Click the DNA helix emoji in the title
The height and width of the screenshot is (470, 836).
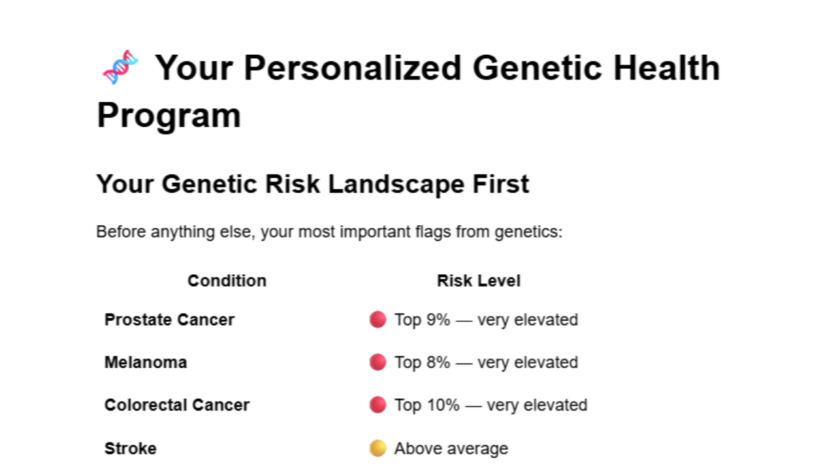[x=121, y=67]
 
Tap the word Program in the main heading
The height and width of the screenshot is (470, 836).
[x=169, y=116]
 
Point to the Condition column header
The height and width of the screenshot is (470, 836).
[x=227, y=281]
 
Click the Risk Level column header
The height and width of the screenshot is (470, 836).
[x=479, y=281]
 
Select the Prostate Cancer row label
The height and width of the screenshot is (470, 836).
[x=169, y=320]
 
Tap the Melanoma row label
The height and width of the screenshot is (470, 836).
[x=146, y=362]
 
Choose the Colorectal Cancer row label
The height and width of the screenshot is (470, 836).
[x=177, y=405]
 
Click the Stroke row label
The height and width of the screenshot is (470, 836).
[x=131, y=448]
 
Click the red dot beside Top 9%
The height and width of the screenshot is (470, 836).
[x=378, y=319]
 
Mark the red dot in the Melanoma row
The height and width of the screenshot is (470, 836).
[x=378, y=362]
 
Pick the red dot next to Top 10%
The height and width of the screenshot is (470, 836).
[x=378, y=405]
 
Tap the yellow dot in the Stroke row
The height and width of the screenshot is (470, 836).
[x=378, y=448]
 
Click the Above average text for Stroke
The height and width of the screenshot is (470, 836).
[x=451, y=448]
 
